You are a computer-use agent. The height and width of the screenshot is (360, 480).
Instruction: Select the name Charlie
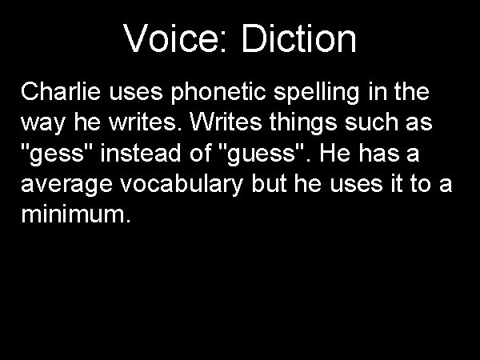click(56, 93)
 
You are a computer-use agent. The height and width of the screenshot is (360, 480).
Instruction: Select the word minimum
click(72, 217)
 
